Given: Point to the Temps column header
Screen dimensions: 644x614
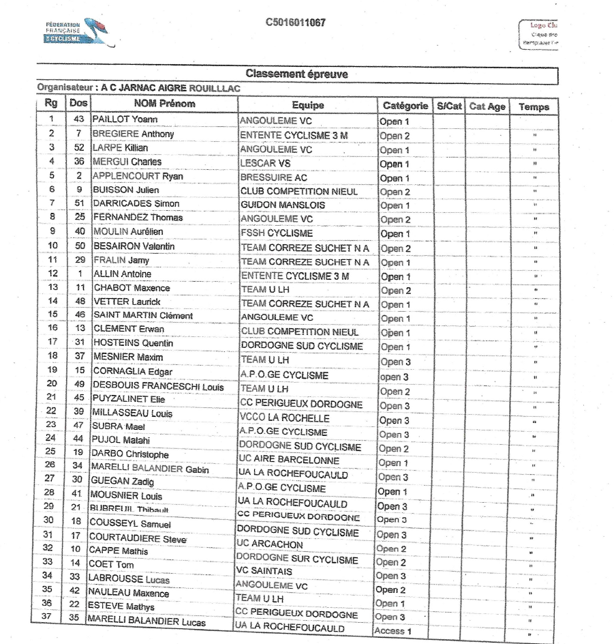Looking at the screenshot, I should coord(534,106).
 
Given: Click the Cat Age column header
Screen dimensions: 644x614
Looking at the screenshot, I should coord(487,106).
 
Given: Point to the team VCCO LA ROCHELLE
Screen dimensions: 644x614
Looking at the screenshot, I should coord(283,418).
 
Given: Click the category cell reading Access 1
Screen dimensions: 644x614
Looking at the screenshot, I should coord(395,631).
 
